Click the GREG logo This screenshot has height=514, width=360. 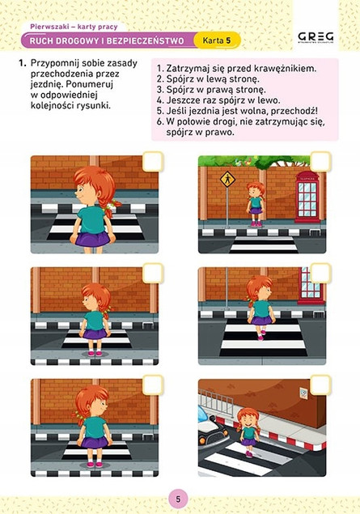click(316, 37)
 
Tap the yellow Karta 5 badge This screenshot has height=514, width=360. click(217, 40)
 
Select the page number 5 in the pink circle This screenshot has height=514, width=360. click(178, 499)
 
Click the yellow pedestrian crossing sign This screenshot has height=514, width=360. click(227, 179)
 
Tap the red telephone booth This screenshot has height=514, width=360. click(307, 197)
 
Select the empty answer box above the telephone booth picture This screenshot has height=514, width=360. click(320, 162)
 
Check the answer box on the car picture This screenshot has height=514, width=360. click(320, 385)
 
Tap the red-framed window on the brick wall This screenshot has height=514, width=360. click(311, 284)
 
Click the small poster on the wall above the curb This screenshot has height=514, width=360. click(303, 393)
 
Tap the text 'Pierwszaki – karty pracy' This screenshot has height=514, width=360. click(74, 27)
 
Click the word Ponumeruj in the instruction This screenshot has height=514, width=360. click(89, 84)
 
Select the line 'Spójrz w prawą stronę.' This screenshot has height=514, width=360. click(211, 90)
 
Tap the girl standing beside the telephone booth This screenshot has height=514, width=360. click(256, 204)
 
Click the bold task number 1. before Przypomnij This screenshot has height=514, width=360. click(23, 63)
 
